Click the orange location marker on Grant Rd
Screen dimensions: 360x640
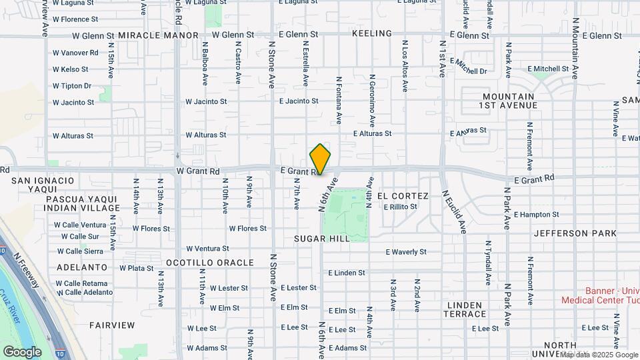(321, 159)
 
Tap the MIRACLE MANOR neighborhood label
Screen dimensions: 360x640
(159, 35)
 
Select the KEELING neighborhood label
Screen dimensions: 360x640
(371, 34)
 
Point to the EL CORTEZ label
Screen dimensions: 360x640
(402, 196)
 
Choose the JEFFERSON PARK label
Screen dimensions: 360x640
(570, 233)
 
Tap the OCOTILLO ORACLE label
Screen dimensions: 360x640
(209, 263)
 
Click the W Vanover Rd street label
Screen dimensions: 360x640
(75, 53)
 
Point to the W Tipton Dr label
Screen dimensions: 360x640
(72, 86)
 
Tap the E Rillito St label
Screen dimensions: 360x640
(400, 207)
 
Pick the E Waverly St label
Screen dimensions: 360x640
(406, 252)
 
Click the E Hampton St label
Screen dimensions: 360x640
(537, 215)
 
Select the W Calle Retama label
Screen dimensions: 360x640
(82, 283)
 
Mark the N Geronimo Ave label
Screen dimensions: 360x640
(371, 100)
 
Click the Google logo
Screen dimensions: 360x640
(22, 351)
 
